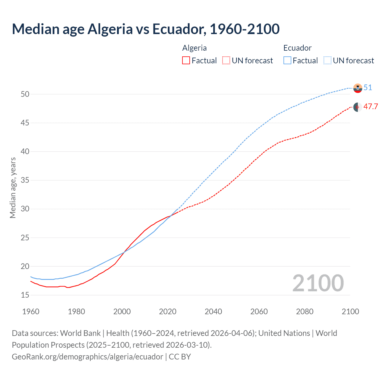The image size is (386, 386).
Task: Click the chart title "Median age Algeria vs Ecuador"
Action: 146,29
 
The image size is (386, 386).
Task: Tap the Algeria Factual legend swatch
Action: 186,61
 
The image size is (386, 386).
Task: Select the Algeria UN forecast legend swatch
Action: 226,61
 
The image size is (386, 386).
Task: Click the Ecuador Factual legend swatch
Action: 287,61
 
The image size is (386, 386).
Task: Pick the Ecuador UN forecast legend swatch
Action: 327,61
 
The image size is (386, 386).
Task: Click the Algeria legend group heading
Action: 195,48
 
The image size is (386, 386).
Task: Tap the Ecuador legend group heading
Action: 297,48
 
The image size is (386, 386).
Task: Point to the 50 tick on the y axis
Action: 25,94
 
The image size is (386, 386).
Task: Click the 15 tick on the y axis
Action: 25,295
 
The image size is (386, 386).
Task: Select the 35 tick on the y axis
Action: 25,180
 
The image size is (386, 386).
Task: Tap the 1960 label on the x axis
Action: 31,312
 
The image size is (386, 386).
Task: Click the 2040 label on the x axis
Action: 213,312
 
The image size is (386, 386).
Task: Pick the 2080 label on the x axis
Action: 305,312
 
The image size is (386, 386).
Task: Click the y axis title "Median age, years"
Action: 13,188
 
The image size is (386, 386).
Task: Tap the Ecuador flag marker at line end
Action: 358,88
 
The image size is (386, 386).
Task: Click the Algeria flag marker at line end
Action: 358,107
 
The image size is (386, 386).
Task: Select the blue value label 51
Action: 368,88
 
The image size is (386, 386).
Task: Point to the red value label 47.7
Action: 371,107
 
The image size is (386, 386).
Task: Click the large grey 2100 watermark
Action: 318,283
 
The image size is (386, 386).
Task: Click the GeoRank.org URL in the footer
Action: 87,357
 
